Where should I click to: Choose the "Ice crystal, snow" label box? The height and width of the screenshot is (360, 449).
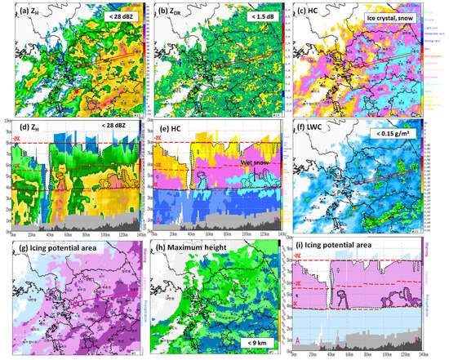pyautogui.click(x=398, y=16)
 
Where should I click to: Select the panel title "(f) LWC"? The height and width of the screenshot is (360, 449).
pyautogui.click(x=319, y=127)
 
